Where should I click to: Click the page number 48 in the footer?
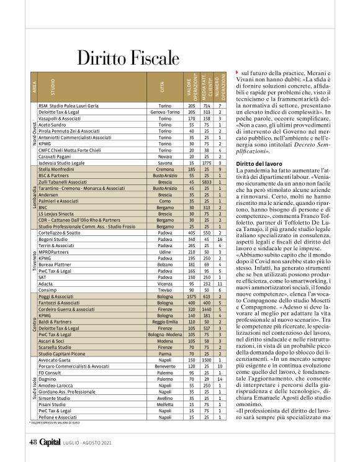pyautogui.click(x=34, y=442)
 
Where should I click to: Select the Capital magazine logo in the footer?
pyautogui.click(x=52, y=442)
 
